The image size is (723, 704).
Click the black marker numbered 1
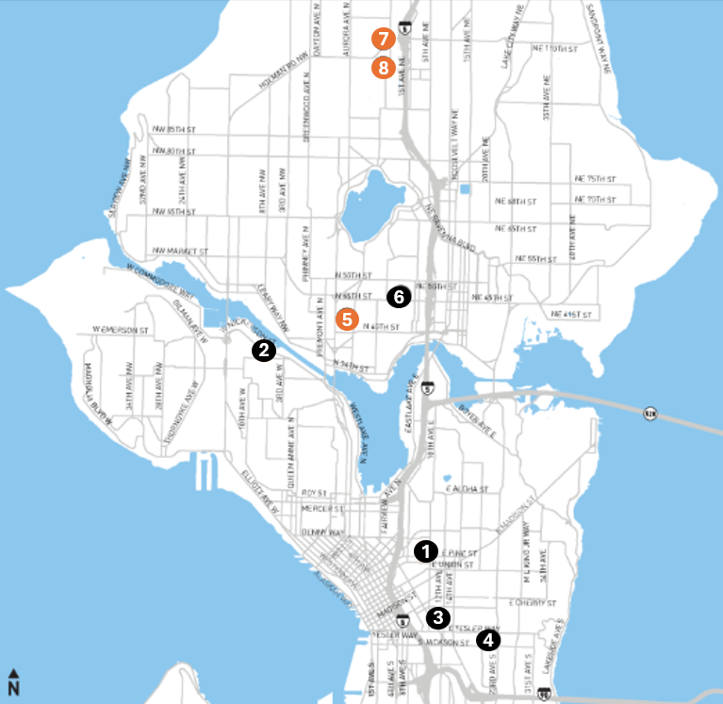pos(426,548)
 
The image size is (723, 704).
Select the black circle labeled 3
pos(437,617)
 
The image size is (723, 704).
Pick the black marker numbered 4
pos(487,640)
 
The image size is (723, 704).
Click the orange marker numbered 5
pos(347,319)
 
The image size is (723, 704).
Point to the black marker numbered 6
pos(398,296)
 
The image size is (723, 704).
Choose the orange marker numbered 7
pos(382,40)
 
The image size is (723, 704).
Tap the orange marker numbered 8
pos(382,68)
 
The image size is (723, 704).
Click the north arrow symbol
pos(14,680)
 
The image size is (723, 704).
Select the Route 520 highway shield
pos(649,413)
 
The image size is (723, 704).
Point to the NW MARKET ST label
pos(178,252)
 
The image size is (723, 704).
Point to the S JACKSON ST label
pos(447,643)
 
